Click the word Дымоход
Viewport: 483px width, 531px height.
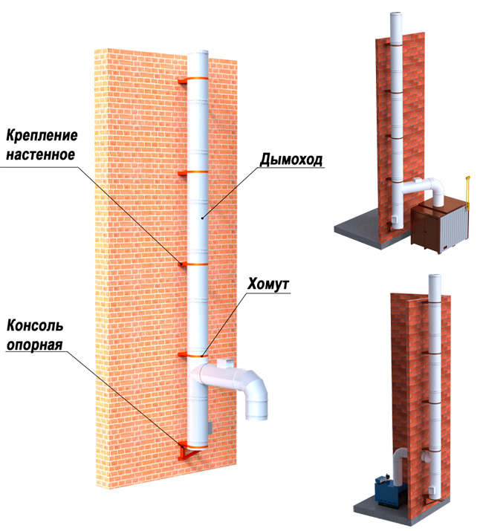tap(291, 160)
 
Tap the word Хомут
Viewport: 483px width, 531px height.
tap(268, 284)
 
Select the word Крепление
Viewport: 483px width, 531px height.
tap(42, 135)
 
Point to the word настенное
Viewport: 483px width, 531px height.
tap(41, 154)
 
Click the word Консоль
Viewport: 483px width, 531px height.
tap(35, 326)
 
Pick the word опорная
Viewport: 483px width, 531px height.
tap(35, 345)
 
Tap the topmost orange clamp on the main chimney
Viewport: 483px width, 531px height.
tap(193, 79)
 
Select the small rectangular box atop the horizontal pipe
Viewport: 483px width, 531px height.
tap(225, 363)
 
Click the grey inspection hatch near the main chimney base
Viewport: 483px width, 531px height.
tap(210, 429)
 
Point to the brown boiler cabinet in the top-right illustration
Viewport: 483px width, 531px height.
tap(440, 227)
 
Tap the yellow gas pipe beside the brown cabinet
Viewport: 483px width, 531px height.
tap(467, 192)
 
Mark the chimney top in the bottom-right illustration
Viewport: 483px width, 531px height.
tap(435, 277)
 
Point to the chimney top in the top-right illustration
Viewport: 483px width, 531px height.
tap(396, 15)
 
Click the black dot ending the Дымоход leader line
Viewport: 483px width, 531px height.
tap(202, 218)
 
